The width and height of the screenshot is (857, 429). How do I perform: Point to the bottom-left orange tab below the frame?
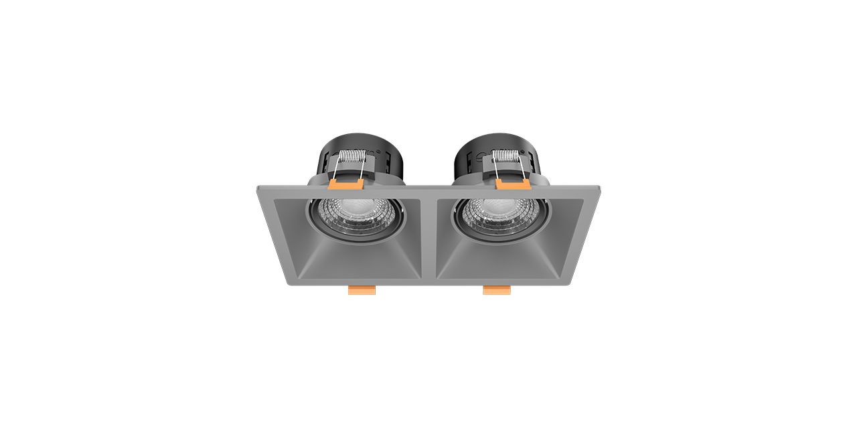pos(362,290)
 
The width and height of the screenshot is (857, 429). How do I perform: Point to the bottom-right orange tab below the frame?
pos(496,290)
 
